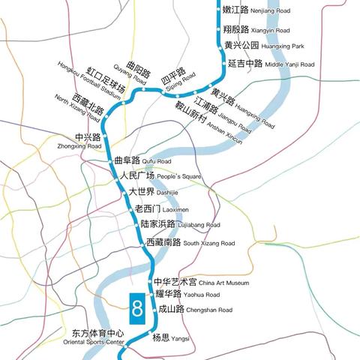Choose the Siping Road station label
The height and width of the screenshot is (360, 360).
(178, 77)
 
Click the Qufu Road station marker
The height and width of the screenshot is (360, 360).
(109, 160)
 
